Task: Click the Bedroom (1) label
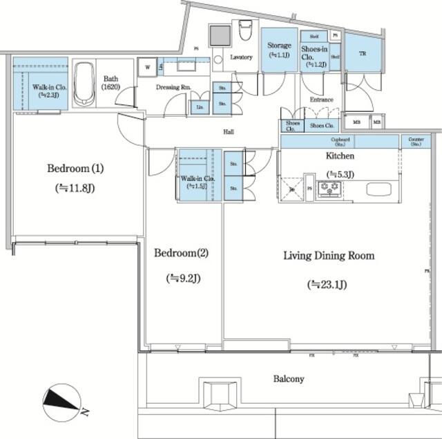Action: (x=70, y=168)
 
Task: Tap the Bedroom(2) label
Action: (x=180, y=252)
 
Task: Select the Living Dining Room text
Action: (x=329, y=256)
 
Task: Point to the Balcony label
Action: (x=289, y=379)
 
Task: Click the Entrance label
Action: (x=321, y=100)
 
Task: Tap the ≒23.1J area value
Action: (x=328, y=284)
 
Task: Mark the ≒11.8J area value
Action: (x=70, y=187)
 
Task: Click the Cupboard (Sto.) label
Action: (x=340, y=141)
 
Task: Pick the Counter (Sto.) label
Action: (x=416, y=141)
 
